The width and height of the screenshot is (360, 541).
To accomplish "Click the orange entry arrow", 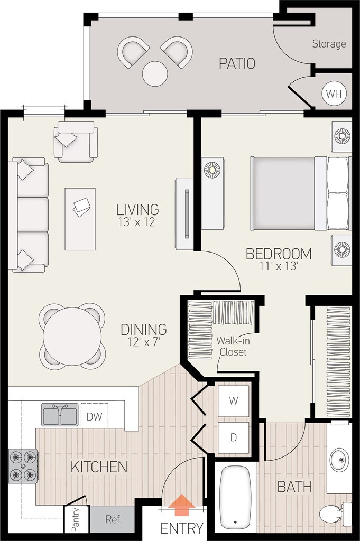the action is [181, 505].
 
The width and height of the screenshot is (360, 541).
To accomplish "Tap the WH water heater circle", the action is [334, 94].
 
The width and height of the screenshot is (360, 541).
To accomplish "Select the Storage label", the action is [329, 44].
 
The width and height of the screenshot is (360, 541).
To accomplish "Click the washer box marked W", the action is [233, 401].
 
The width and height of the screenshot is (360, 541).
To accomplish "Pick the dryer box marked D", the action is [233, 437].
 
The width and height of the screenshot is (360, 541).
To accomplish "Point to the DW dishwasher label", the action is [95, 416].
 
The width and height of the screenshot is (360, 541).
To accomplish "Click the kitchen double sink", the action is [60, 415].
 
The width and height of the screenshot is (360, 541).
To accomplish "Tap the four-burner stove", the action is [23, 466].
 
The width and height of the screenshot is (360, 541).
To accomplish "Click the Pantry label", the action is [76, 520].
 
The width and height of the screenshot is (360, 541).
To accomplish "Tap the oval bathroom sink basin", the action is [339, 459].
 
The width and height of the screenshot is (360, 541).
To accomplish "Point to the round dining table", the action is [72, 337].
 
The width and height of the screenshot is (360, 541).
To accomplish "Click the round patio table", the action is [155, 73].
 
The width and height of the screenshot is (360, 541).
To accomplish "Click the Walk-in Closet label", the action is [233, 346].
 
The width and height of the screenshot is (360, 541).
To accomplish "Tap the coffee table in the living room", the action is [80, 219].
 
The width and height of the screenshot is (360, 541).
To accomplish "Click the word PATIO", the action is [237, 63].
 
